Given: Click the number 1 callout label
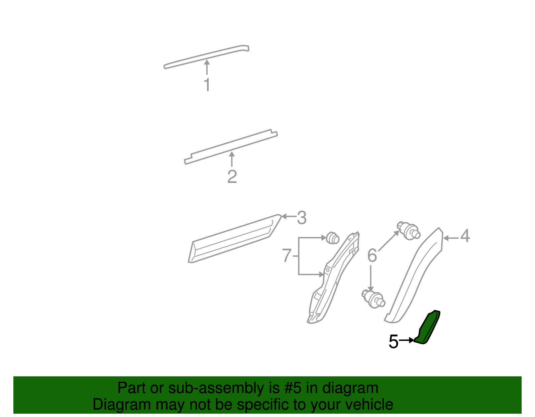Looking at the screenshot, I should click(x=207, y=84).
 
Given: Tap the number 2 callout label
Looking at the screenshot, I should click(x=232, y=177).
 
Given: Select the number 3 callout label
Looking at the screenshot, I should click(x=302, y=218).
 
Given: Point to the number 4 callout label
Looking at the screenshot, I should click(x=465, y=236).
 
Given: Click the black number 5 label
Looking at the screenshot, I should click(x=394, y=342).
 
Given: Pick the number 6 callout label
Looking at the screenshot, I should click(x=372, y=256).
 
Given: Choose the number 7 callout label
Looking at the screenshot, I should click(x=287, y=256).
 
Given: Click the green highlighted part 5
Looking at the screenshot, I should click(x=427, y=329).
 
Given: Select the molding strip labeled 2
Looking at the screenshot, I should click(x=231, y=147).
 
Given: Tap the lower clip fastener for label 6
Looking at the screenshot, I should click(x=373, y=298).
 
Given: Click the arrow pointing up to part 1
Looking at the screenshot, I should click(x=207, y=67).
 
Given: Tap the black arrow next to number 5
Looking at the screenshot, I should click(x=407, y=340).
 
